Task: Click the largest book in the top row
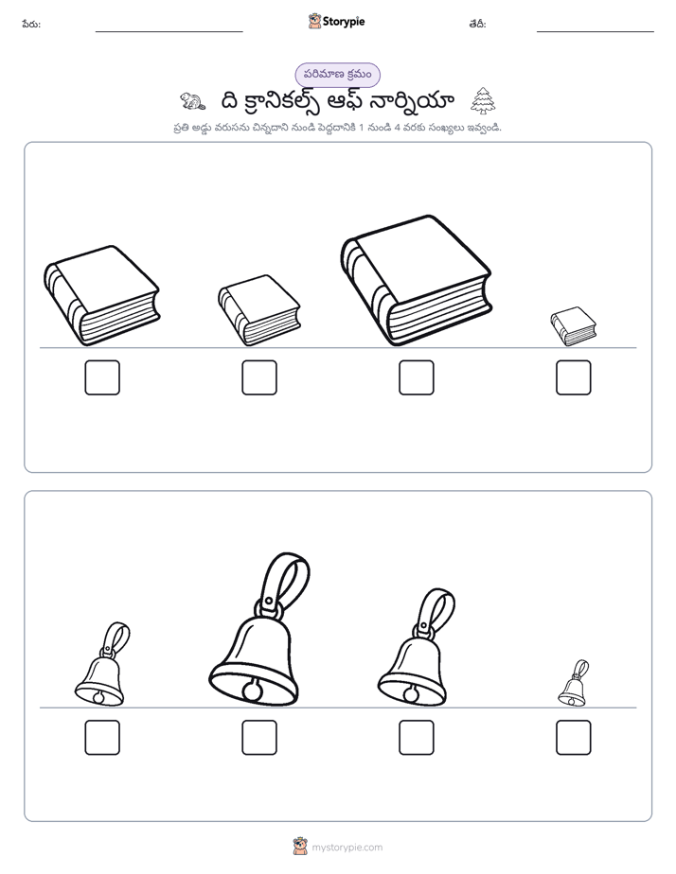416,280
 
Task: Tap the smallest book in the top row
574,326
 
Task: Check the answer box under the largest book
416,377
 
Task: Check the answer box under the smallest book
574,377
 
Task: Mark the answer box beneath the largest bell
259,738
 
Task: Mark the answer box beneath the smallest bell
574,738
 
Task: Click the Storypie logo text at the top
344,22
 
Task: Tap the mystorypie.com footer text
347,848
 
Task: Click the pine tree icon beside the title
483,101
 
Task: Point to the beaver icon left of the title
192,101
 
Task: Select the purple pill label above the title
337,75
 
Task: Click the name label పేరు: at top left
31,24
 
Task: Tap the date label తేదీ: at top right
477,24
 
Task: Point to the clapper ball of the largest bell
252,692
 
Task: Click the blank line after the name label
169,32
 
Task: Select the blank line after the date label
596,32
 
